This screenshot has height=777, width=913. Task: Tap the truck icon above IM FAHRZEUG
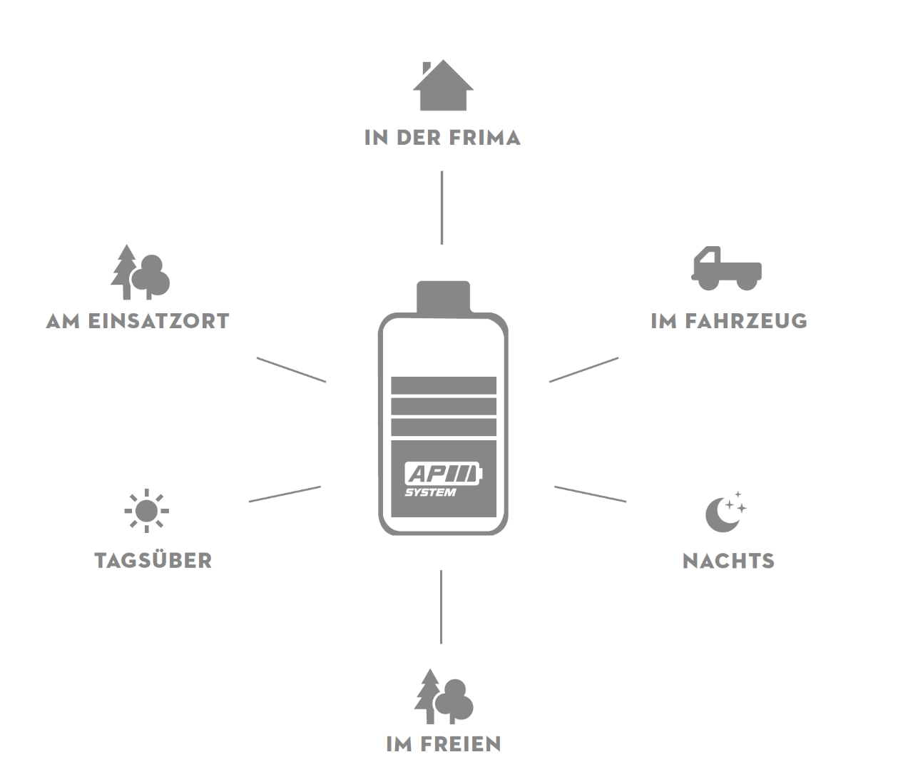[727, 268]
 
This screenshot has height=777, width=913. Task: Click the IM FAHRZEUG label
[729, 321]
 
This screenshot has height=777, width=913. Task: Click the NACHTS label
[728, 561]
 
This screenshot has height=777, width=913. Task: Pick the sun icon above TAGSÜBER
[147, 511]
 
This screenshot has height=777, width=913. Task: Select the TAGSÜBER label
[153, 560]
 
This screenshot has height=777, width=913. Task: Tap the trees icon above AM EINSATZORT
[141, 272]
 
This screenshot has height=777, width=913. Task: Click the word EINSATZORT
[158, 321]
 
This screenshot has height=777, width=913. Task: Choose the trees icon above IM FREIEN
[444, 696]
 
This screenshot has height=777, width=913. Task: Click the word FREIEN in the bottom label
[461, 744]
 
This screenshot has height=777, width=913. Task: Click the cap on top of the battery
[443, 297]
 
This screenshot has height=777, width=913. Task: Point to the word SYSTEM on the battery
[430, 492]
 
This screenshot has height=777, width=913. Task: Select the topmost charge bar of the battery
[444, 385]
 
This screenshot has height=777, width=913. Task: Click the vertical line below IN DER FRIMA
[442, 208]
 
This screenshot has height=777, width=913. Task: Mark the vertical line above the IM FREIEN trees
[441, 606]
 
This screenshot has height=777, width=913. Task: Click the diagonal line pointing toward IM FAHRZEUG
[584, 370]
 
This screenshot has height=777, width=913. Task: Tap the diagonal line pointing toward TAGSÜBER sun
[285, 494]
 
